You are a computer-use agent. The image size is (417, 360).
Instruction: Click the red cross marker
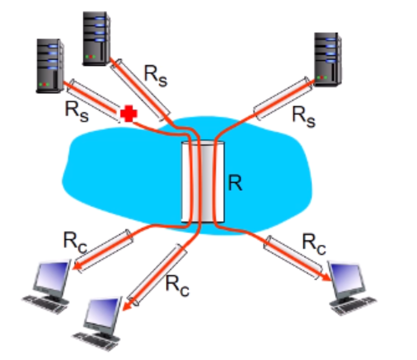[x=128, y=114]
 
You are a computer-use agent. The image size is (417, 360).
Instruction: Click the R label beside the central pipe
[x=235, y=182]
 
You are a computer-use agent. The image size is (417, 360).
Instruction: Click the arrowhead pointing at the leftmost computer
[x=77, y=269]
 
